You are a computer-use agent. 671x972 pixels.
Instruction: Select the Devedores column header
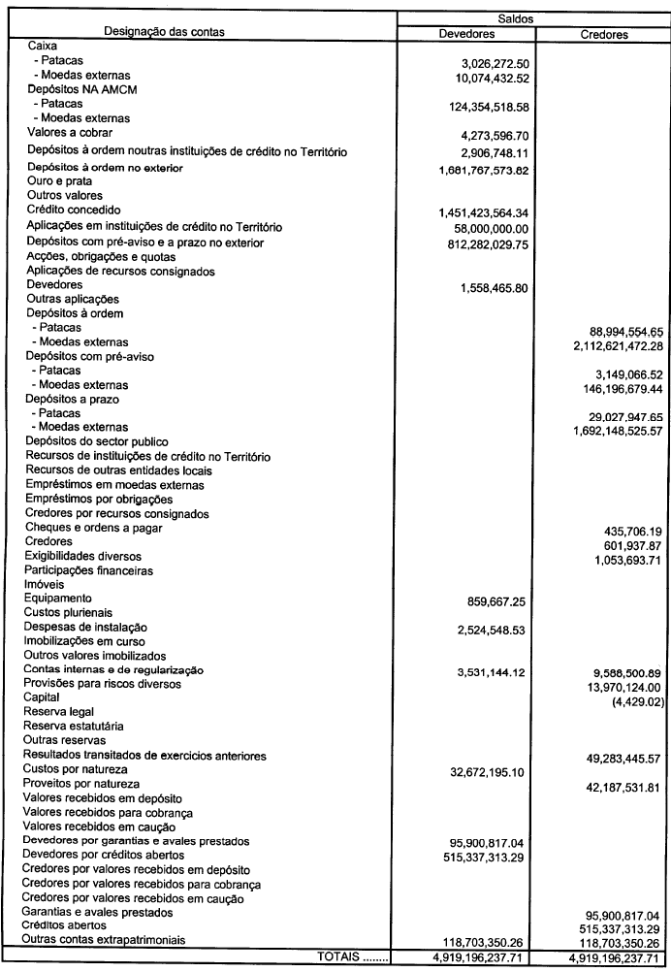[467, 34]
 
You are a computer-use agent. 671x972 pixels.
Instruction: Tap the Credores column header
[603, 34]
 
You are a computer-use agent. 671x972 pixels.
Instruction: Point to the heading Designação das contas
[171, 32]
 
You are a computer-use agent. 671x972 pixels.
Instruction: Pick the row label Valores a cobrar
[70, 132]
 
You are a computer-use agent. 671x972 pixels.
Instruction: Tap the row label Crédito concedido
[74, 210]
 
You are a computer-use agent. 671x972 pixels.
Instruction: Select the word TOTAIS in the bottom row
[335, 957]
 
